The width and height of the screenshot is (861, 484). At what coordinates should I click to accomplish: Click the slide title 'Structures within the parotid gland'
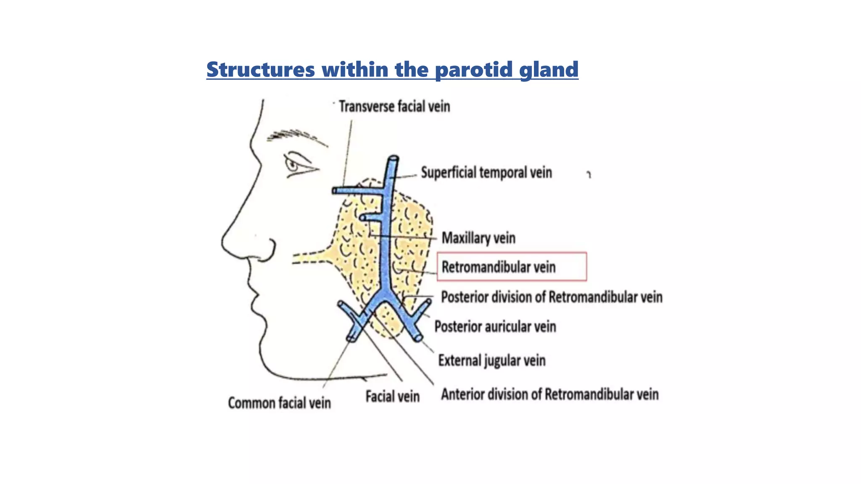point(392,69)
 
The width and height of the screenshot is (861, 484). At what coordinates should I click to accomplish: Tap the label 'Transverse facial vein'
point(394,107)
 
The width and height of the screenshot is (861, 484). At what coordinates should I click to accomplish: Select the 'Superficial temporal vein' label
point(486,173)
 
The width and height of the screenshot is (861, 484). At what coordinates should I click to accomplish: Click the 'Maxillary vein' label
point(478,238)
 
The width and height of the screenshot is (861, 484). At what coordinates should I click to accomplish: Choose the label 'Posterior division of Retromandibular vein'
point(551,297)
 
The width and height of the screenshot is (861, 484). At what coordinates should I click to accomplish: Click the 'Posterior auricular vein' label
point(495,326)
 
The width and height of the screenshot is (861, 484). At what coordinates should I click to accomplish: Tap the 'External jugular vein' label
point(491,360)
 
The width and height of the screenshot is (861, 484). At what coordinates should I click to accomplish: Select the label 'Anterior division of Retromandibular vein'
point(549,395)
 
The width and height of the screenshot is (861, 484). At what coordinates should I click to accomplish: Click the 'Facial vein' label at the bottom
point(392,397)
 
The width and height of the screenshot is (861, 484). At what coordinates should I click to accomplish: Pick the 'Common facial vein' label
point(279,403)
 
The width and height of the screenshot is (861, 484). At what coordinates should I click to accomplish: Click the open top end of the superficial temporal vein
point(393,158)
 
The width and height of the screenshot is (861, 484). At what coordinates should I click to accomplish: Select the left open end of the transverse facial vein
point(335,191)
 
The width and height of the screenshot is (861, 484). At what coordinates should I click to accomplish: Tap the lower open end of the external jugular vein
point(418,338)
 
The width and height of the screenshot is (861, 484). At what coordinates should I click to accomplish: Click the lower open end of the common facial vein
point(351,338)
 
